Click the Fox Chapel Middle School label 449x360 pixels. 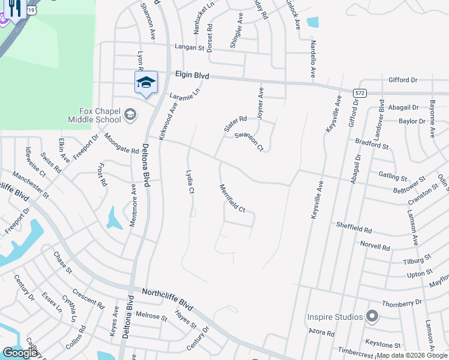click(x=100, y=115)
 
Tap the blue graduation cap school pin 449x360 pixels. click(x=146, y=83)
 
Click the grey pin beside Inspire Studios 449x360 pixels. click(x=372, y=316)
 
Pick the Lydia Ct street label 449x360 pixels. click(x=190, y=182)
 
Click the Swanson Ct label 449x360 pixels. click(x=249, y=142)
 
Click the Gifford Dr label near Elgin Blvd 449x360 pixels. click(x=403, y=80)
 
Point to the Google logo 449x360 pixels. click(x=20, y=353)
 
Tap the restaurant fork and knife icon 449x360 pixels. click(x=16, y=8)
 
